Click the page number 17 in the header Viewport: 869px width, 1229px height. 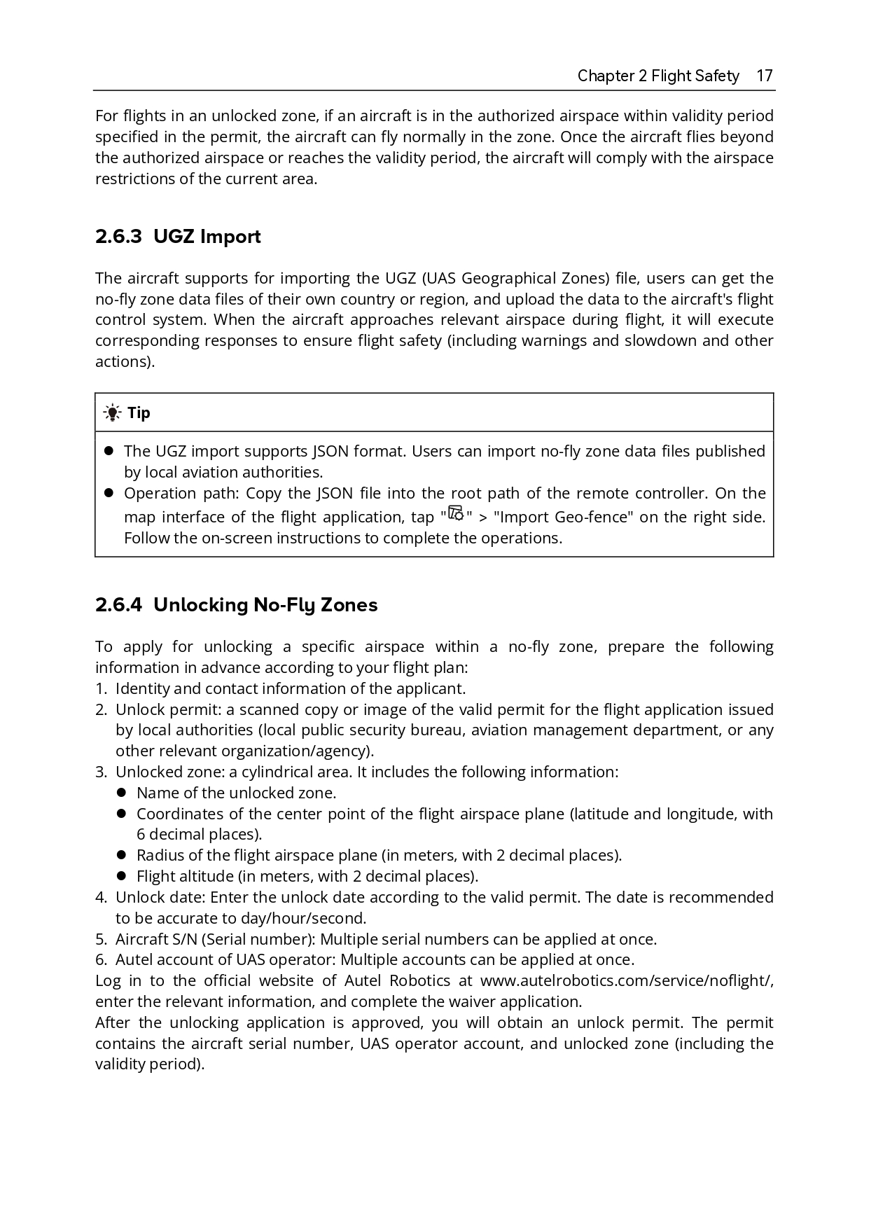point(765,76)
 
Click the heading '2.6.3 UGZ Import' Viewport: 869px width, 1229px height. point(178,237)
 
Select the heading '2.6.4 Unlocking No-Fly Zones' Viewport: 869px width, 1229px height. point(236,604)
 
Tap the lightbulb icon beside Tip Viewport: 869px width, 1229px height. point(112,412)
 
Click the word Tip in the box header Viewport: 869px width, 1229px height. point(139,412)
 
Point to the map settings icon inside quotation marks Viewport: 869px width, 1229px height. point(456,514)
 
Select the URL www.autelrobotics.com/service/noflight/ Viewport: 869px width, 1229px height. point(627,980)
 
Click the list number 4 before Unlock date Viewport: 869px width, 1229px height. point(101,897)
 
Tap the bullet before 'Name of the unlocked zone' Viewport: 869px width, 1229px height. point(121,793)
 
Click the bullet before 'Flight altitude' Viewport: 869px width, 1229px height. point(121,876)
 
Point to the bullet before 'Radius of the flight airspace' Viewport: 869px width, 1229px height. point(121,855)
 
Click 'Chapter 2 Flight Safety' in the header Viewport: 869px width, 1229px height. point(658,76)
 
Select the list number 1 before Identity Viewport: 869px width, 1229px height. point(101,688)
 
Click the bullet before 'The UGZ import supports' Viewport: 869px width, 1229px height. point(109,451)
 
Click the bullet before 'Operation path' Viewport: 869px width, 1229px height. point(109,493)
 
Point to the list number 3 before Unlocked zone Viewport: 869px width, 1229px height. point(101,772)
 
